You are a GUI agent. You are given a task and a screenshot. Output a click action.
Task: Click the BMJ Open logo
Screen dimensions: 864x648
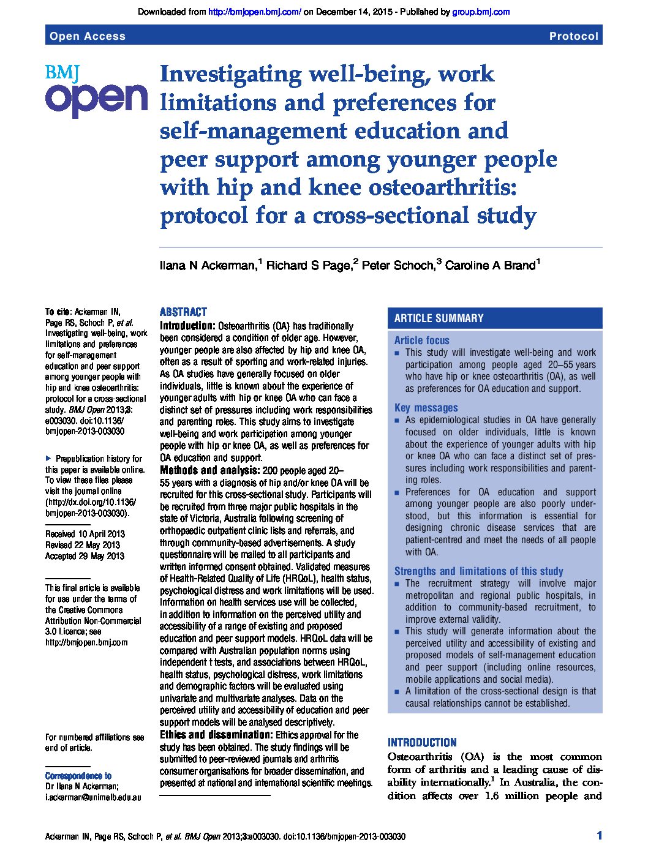pyautogui.click(x=96, y=91)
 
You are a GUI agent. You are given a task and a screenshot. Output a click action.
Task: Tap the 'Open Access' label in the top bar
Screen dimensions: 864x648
pyautogui.click(x=88, y=36)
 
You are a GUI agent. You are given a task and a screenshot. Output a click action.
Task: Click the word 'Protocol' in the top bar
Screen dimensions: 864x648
pyautogui.click(x=573, y=36)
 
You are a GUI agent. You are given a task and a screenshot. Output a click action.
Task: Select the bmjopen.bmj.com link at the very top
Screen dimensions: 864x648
pyautogui.click(x=254, y=12)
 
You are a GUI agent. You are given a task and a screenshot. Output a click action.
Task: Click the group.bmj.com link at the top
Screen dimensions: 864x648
pyautogui.click(x=481, y=12)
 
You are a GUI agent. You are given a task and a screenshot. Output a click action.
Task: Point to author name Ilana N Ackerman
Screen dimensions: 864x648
pyautogui.click(x=208, y=266)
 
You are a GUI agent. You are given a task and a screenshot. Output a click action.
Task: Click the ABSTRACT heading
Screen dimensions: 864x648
pyautogui.click(x=183, y=312)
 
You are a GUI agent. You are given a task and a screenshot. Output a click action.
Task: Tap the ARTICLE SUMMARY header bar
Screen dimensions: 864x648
pyautogui.click(x=495, y=318)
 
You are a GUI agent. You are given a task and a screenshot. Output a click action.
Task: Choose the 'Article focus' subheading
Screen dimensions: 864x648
pyautogui.click(x=421, y=340)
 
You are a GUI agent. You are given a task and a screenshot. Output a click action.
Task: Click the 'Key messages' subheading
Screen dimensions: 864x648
pyautogui.click(x=426, y=408)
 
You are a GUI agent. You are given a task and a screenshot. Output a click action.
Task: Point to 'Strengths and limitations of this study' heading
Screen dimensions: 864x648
pyautogui.click(x=478, y=571)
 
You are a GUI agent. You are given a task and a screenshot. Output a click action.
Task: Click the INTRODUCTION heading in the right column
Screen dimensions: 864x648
pyautogui.click(x=422, y=742)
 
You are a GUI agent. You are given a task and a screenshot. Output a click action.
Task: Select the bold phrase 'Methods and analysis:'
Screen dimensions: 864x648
pyautogui.click(x=209, y=470)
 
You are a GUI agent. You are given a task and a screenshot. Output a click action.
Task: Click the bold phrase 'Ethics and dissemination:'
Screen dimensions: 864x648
pyautogui.click(x=216, y=735)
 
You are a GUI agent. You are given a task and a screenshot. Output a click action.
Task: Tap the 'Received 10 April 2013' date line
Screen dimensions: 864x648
pyautogui.click(x=85, y=534)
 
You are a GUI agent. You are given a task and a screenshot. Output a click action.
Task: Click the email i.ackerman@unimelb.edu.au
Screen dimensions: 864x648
pyautogui.click(x=93, y=797)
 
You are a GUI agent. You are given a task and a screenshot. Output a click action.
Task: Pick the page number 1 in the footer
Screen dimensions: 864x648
pyautogui.click(x=599, y=836)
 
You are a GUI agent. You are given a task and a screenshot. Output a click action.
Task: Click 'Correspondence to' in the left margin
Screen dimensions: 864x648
pyautogui.click(x=78, y=776)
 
